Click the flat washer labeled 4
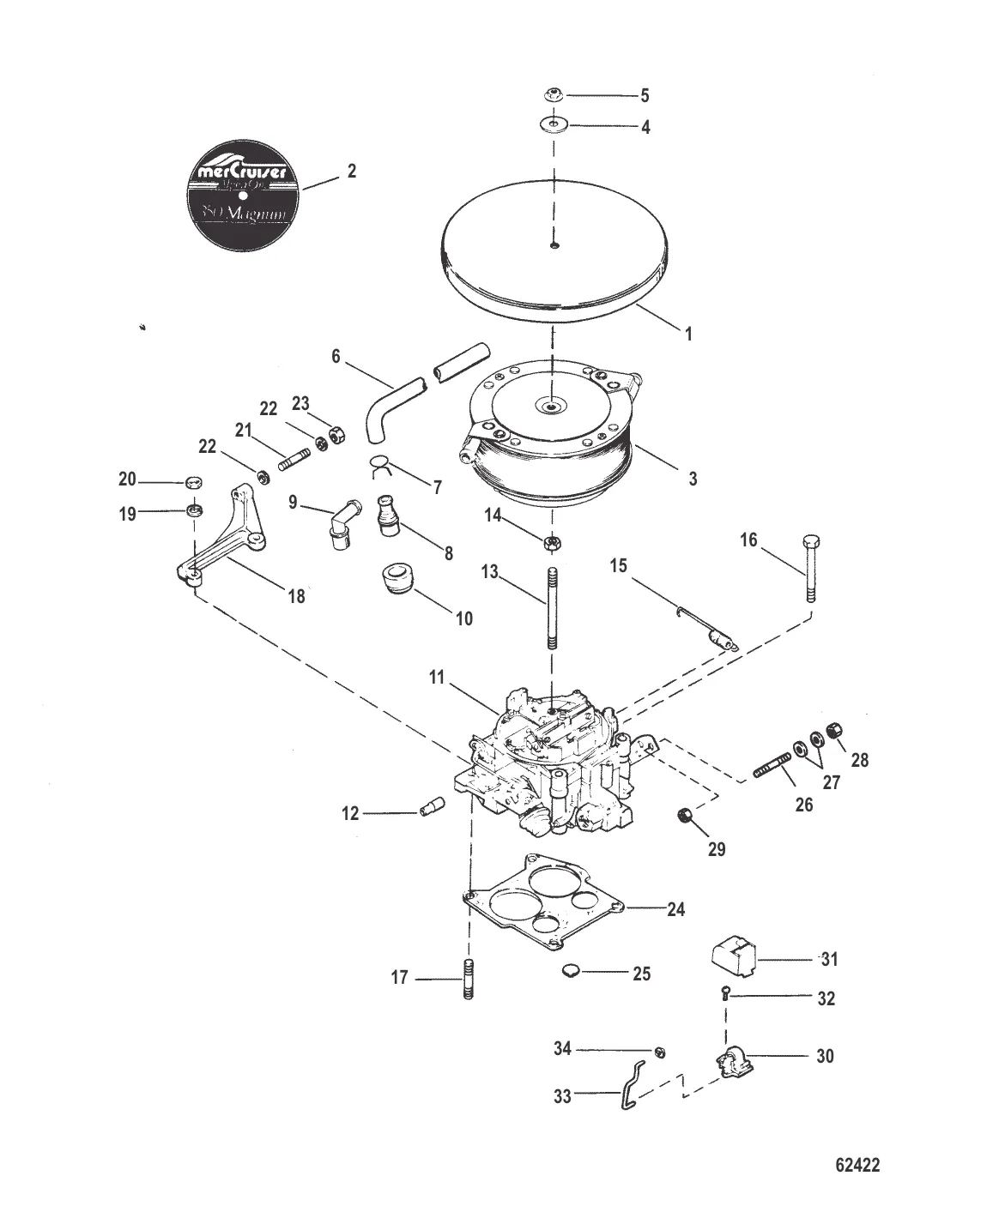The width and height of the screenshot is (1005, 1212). pos(554,126)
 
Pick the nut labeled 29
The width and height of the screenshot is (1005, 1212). pos(686,816)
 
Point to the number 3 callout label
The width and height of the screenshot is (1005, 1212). pos(693,479)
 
